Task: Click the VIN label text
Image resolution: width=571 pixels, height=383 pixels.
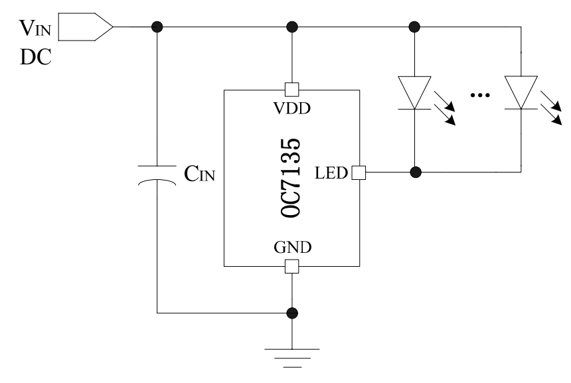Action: [x=37, y=28]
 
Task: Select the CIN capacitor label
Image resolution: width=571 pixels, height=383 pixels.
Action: [x=199, y=175]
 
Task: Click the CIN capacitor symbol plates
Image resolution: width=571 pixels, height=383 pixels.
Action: [x=157, y=173]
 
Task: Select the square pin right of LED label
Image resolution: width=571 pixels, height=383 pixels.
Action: [x=358, y=173]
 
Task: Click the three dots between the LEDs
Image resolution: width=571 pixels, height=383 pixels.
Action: [x=478, y=96]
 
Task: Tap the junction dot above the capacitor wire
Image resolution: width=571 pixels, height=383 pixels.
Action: [x=157, y=27]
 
